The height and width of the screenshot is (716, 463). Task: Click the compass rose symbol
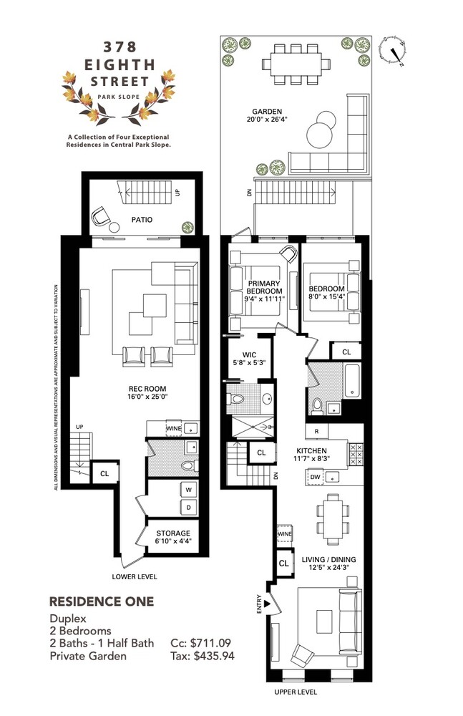[393, 50]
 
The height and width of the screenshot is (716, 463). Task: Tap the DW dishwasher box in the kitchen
[315, 477]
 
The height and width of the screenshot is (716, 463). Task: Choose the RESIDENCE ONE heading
[100, 601]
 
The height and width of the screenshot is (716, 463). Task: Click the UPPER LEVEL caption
[296, 693]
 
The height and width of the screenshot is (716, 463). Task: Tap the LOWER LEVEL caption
[135, 576]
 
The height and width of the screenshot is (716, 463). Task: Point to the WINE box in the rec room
[174, 427]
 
